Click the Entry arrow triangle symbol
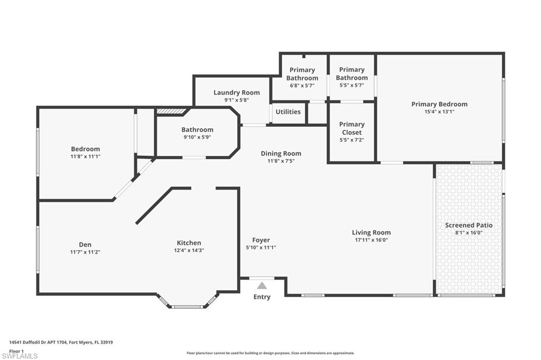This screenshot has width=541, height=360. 262,286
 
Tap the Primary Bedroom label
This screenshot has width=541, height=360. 439,104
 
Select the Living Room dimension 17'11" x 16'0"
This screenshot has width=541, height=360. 371,240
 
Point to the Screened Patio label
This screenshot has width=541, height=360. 469,225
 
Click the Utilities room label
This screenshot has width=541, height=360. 288,112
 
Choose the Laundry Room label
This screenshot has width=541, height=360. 236,92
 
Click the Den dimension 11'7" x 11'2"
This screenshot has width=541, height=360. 85,252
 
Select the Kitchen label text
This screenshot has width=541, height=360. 189,243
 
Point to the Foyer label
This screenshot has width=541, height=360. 261,240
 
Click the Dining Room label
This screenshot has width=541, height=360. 281,154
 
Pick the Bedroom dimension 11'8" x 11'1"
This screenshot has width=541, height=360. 85,157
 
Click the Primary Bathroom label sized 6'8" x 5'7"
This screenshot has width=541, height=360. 302,74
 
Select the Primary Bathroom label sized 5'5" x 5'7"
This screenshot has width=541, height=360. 351,74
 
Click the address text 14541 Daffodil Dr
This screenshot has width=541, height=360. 61,342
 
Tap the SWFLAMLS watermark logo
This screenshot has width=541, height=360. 20,356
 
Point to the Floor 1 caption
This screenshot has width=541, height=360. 17,350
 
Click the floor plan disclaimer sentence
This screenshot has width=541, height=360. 270,353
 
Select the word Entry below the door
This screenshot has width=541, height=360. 262,297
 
